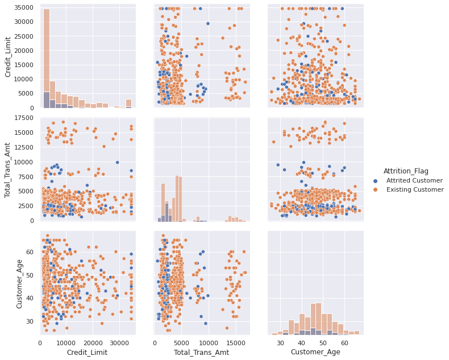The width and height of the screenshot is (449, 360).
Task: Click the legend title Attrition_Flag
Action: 406,171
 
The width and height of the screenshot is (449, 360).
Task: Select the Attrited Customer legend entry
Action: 414,180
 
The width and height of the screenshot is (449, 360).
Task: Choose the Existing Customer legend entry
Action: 415,189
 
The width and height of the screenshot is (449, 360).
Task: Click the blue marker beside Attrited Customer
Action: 375,180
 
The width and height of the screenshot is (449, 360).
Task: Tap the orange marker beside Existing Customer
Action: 375,189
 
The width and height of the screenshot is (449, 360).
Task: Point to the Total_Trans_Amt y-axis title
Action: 8,169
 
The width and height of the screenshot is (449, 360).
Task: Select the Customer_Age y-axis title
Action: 19,283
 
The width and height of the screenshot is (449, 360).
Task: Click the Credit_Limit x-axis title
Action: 88,353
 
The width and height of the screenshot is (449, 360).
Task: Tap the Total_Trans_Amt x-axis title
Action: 201,353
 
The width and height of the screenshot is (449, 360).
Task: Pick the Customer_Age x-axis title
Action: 315,353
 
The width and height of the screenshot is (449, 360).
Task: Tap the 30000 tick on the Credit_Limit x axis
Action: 119,343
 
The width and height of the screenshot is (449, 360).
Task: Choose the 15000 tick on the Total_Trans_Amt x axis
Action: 235,343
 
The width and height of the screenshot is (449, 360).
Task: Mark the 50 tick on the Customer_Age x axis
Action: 323,343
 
